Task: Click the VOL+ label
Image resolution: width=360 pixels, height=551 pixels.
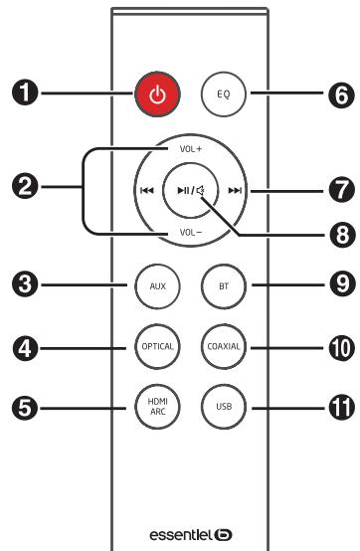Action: [x=190, y=147]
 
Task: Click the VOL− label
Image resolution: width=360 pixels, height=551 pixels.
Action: [x=190, y=233]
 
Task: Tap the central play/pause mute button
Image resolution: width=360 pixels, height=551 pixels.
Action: [x=191, y=190]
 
